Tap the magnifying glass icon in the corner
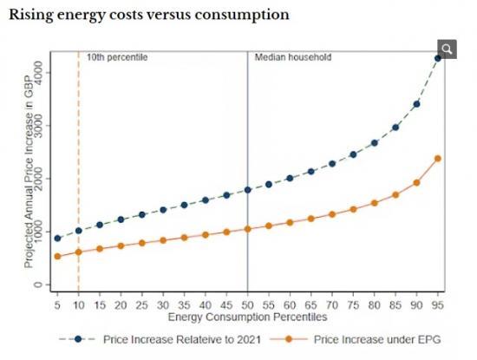446,49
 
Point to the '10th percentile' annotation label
117,57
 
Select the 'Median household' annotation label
292,57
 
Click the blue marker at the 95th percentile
438,59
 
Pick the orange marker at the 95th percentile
438,159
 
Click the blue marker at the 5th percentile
57,239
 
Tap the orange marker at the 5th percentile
57,257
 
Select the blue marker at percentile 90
416,104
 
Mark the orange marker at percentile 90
416,183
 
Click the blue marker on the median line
248,190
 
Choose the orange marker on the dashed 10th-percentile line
78,252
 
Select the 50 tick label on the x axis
248,305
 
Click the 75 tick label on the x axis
353,305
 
